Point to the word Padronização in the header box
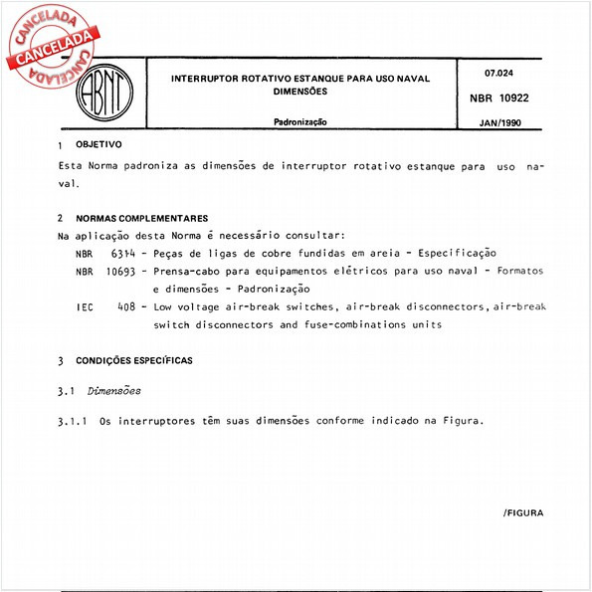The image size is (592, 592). (300, 122)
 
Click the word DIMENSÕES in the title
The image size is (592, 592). (299, 91)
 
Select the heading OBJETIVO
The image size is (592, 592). (99, 144)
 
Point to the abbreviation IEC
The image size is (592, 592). (86, 307)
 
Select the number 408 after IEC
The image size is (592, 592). (125, 307)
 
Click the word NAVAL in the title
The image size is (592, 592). (409, 78)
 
